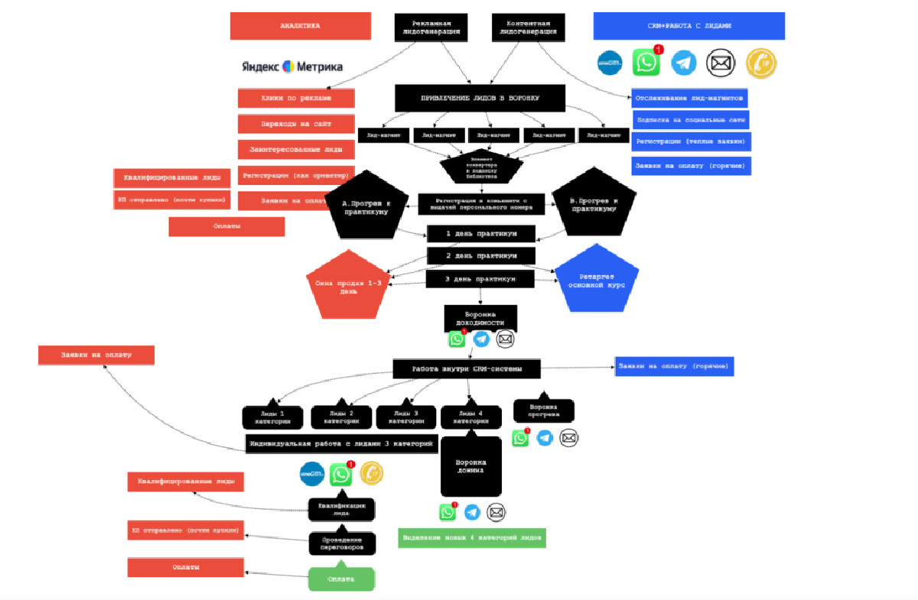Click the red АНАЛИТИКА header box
[x=300, y=26]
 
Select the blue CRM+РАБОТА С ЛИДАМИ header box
[x=688, y=26]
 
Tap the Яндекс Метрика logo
[x=292, y=66]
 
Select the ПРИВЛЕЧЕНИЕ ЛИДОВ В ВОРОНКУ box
[x=480, y=99]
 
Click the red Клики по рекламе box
[x=296, y=99]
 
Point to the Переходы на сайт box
[x=296, y=124]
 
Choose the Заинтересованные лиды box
[x=296, y=149]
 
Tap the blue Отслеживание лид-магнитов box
[x=689, y=99]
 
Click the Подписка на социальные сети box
[x=690, y=120]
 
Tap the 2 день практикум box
[x=480, y=255]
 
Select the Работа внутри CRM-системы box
[x=467, y=369]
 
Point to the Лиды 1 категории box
[x=274, y=417]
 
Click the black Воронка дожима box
[x=470, y=466]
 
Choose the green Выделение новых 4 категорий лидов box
[x=472, y=538]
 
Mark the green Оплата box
[x=341, y=579]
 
